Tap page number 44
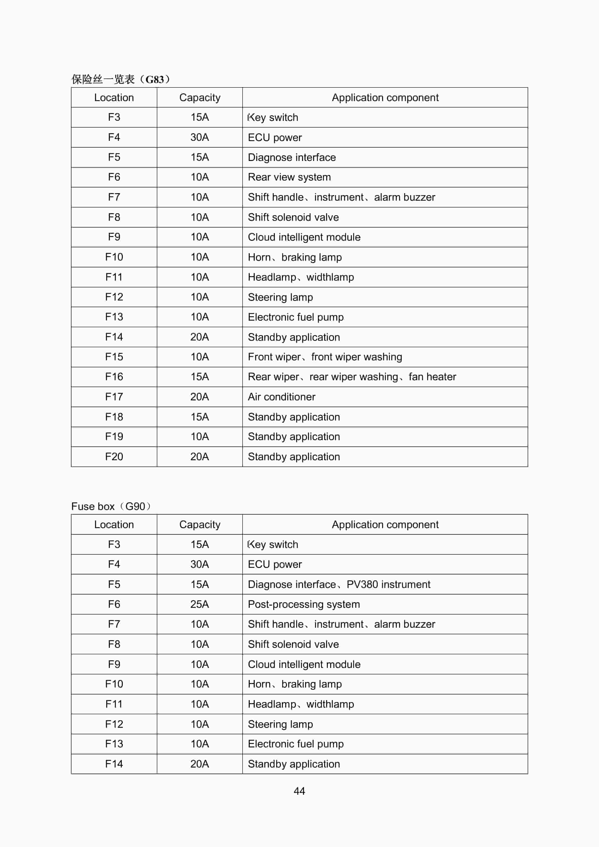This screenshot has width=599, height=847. pos(299,791)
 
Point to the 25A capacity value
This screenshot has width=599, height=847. pos(199,604)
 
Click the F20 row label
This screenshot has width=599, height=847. pos(114,457)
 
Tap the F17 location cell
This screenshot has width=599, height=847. pos(114,397)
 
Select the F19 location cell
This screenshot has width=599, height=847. pos(114,437)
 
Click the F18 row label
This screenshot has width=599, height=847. pos(114,417)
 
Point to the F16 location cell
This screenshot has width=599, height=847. pos(114,377)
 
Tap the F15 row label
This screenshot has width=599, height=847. pos(114,357)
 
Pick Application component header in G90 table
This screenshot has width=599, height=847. pos(385,525)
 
